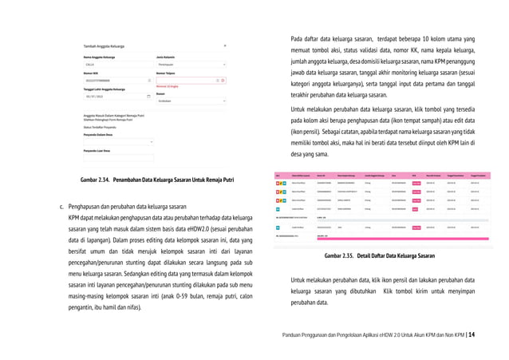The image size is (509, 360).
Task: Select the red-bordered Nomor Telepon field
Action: (x=190, y=80)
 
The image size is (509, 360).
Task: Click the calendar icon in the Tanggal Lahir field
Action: (x=148, y=95)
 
